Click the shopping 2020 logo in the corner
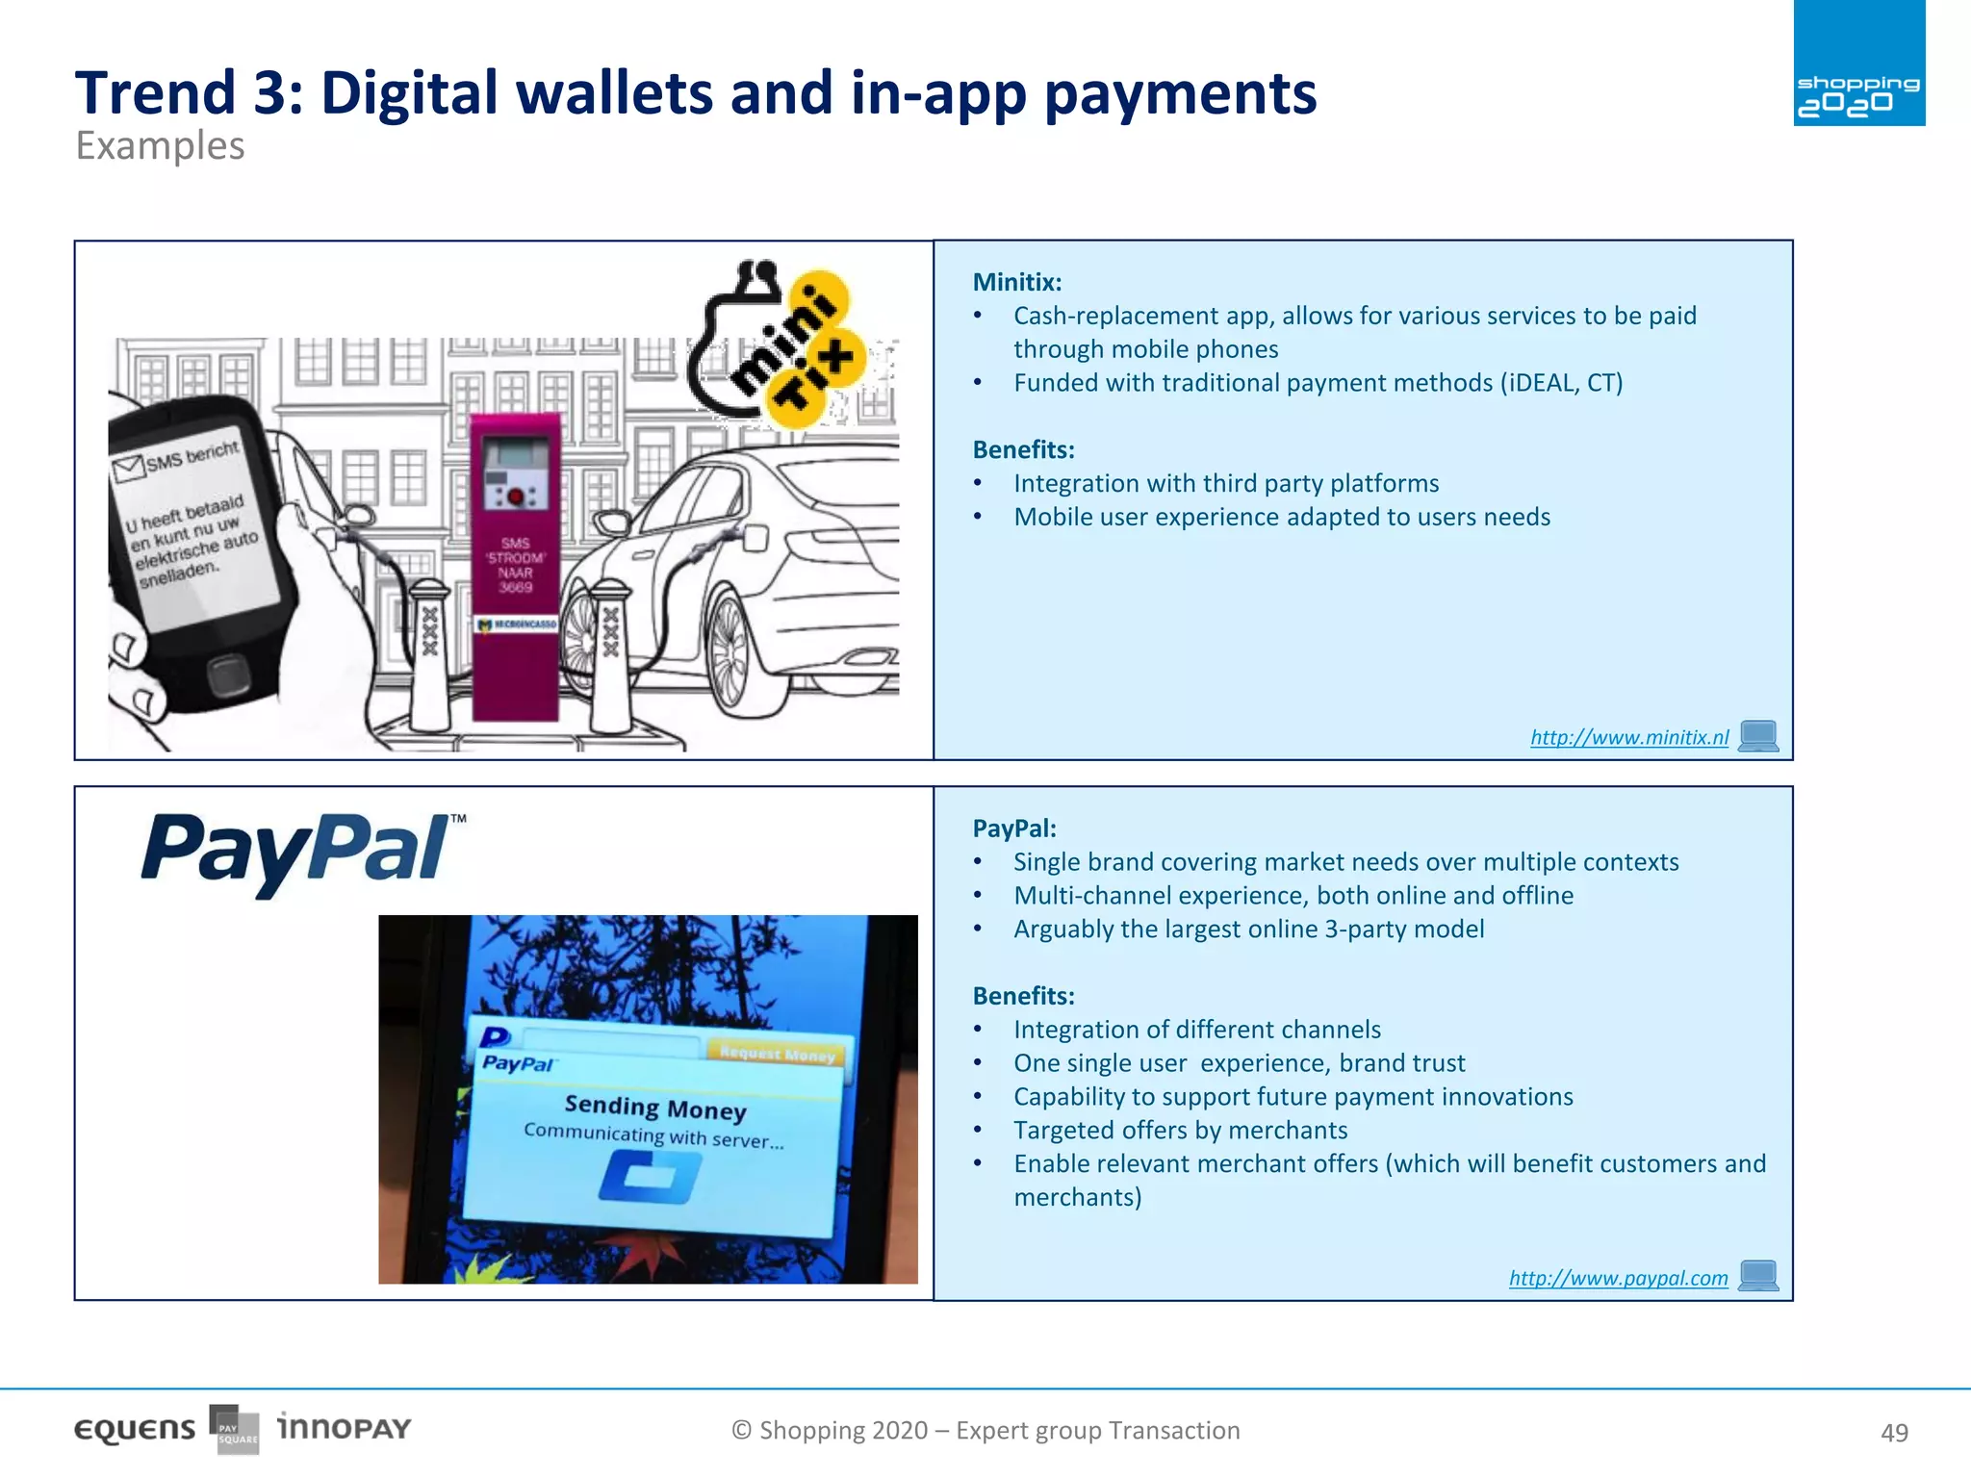[1858, 64]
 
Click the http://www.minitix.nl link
[1628, 737]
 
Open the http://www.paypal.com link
[1618, 1278]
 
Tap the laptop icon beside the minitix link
[1758, 736]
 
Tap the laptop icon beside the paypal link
[1758, 1276]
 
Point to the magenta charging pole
[515, 568]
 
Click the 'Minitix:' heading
[1016, 282]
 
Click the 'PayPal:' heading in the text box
[1013, 828]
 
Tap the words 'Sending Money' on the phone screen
[654, 1108]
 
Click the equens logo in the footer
[135, 1430]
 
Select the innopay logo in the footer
[344, 1427]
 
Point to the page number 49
[1893, 1433]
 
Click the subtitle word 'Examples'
[160, 146]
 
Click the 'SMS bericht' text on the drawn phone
[191, 456]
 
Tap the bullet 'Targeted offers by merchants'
[1180, 1130]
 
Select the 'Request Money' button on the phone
[777, 1053]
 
